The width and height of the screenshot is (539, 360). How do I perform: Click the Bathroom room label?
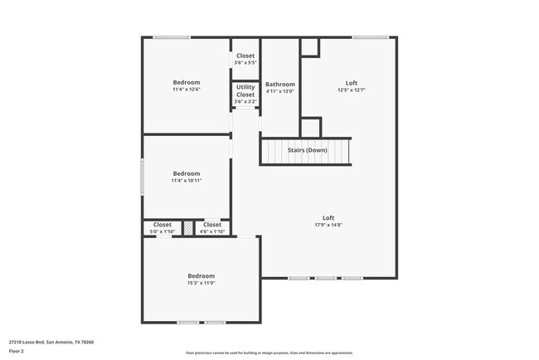point(279,85)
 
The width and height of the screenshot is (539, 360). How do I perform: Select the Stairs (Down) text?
point(307,150)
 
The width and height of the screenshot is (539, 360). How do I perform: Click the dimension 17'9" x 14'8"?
point(328,225)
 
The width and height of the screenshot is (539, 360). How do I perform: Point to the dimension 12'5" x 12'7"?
point(352,90)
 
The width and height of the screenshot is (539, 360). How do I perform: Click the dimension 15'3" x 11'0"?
point(201,283)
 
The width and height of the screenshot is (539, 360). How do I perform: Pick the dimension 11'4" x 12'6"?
point(187,90)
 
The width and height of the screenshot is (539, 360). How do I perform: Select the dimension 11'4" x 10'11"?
point(187,180)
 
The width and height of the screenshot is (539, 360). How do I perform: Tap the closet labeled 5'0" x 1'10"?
point(162,231)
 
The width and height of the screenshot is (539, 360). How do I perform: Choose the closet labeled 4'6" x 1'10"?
point(212,231)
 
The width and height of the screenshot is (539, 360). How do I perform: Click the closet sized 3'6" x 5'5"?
point(245,62)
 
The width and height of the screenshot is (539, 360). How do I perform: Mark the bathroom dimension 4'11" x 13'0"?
point(279,91)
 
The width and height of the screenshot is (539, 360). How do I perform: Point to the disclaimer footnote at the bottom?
point(269,353)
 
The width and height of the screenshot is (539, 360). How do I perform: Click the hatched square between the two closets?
point(188,227)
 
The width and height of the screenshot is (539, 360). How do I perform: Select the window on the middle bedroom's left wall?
point(143,177)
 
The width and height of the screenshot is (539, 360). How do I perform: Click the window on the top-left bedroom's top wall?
point(172,37)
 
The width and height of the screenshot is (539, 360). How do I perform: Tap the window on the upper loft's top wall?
point(371,37)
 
